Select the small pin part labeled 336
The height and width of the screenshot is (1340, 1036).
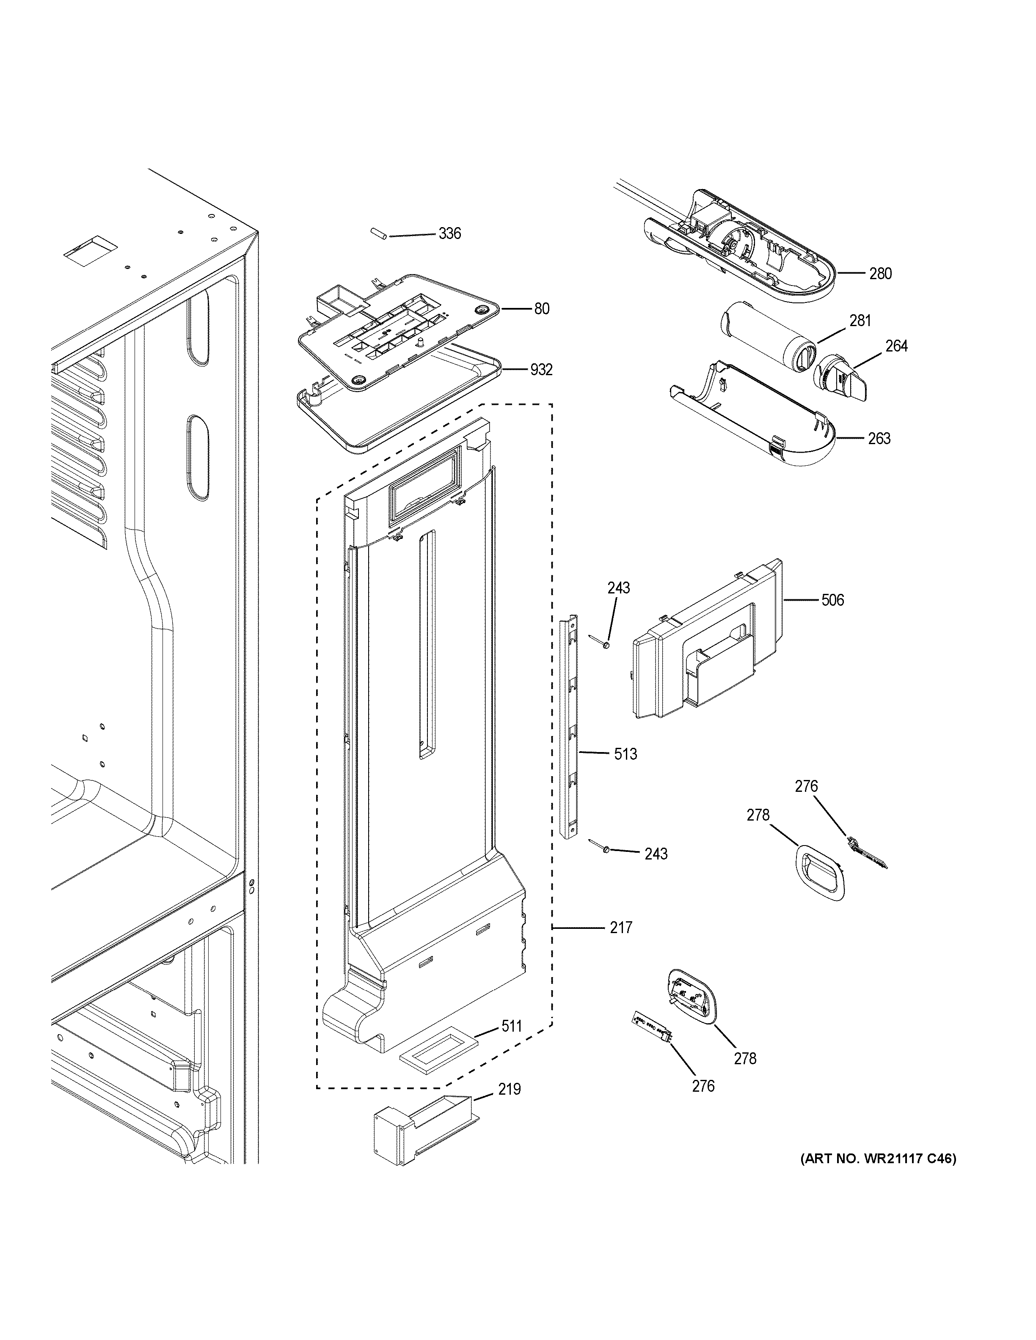[x=377, y=234]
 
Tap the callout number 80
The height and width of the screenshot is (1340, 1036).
[x=541, y=309]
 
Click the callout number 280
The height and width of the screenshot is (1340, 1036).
[x=880, y=274]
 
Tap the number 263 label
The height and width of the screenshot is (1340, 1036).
[x=879, y=438]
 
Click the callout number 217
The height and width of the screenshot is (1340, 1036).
[x=620, y=928]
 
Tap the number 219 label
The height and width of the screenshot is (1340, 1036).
[x=509, y=1089]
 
